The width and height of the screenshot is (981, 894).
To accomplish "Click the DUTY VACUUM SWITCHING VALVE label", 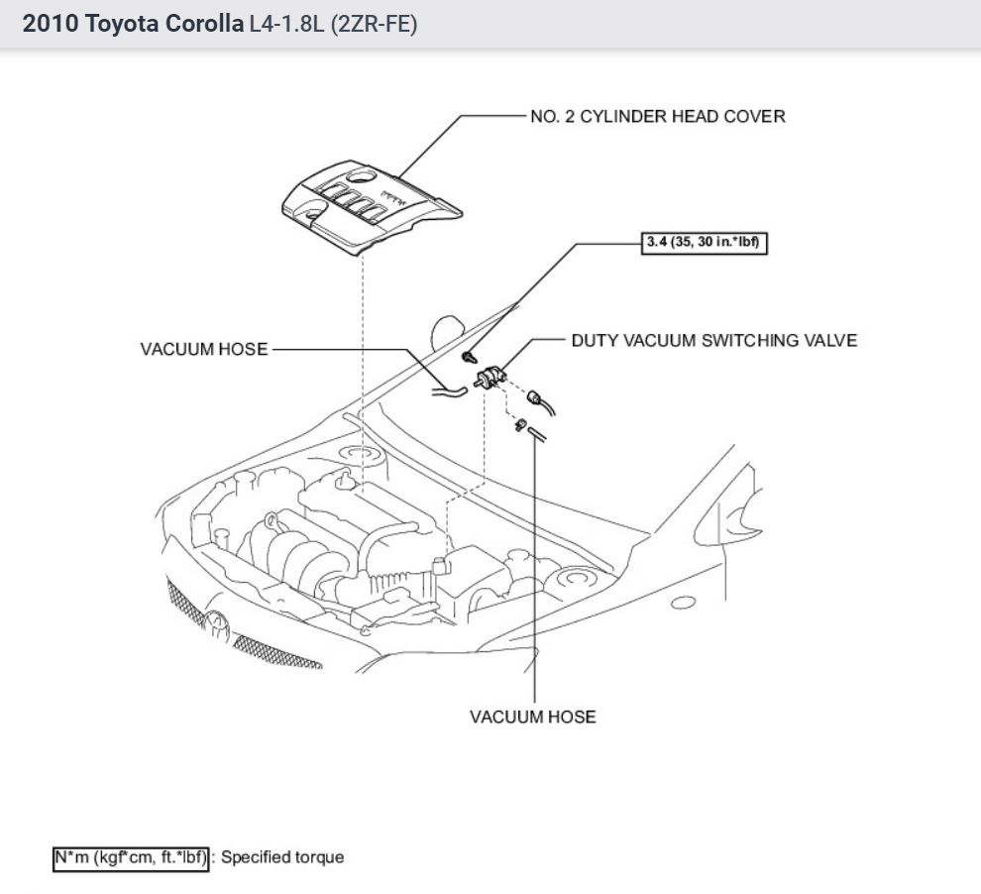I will coord(713,341).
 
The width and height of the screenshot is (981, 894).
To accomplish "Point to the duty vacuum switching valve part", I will coord(490,377).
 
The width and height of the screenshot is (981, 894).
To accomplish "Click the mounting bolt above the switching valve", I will coord(470,355).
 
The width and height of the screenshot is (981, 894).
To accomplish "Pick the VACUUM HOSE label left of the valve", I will coord(204,350).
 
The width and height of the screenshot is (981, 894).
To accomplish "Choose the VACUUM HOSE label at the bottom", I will coord(533,717).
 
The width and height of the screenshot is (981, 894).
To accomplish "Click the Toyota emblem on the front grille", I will coord(215,623).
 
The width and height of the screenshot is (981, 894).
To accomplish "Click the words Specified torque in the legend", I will coord(282,857).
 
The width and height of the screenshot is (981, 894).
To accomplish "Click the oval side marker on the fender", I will coord(683,602).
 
